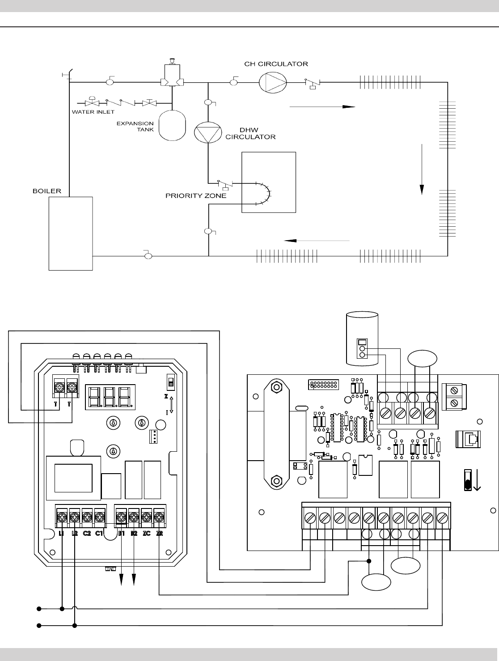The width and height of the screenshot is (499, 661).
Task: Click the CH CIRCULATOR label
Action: point(276,64)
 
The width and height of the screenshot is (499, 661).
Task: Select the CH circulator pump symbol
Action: point(273,82)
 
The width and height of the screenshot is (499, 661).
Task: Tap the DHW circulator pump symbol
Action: point(208,132)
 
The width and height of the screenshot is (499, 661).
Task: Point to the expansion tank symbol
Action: point(172,125)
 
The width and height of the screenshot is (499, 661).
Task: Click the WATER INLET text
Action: point(93,112)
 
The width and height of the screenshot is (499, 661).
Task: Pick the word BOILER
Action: point(47,191)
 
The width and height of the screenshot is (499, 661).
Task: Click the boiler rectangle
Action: point(71,233)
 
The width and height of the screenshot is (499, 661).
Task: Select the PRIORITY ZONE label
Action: point(196,196)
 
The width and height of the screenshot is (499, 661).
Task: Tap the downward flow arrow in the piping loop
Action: point(422,169)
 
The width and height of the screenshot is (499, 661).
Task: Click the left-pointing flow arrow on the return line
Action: point(317,241)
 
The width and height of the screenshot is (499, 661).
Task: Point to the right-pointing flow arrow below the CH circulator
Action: point(322,106)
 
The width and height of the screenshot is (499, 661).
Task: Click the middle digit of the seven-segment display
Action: point(110,397)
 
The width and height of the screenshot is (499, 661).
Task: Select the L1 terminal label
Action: point(61,534)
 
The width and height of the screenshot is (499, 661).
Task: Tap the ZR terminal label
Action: point(160,534)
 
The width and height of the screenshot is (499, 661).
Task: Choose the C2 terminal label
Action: point(87,534)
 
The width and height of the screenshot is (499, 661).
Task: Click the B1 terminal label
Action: point(121,534)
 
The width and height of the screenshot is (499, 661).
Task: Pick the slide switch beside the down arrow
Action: point(468,480)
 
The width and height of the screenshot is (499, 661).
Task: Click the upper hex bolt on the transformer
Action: point(276,387)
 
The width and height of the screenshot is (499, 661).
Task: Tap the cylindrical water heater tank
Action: point(362,339)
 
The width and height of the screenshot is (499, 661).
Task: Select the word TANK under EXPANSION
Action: point(145,130)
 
